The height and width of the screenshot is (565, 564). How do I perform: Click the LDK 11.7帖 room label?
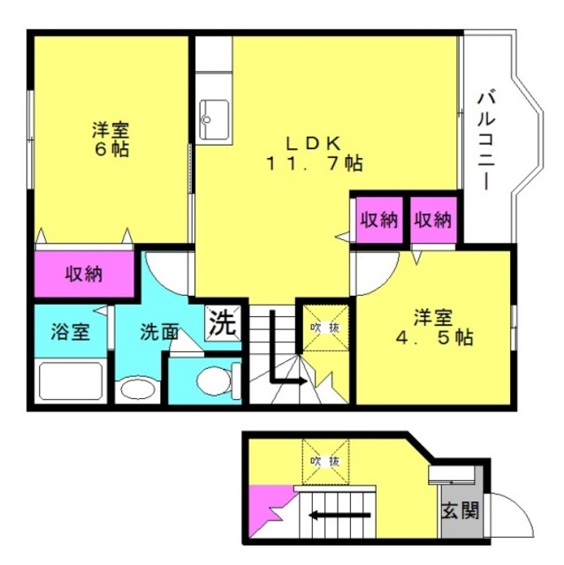click(x=314, y=154)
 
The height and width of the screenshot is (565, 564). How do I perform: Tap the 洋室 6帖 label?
click(x=111, y=139)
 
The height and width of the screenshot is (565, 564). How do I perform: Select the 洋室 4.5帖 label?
click(x=434, y=328)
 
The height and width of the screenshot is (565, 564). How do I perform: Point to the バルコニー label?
click(x=486, y=141)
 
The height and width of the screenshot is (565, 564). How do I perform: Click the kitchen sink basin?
click(x=214, y=120)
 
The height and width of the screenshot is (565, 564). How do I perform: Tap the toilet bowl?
click(x=214, y=380)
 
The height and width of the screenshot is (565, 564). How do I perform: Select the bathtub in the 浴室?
click(x=71, y=380)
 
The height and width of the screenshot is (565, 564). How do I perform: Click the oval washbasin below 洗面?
click(x=138, y=389)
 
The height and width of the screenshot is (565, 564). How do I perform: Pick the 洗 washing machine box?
click(x=224, y=323)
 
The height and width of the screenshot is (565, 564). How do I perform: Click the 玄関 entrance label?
click(x=460, y=510)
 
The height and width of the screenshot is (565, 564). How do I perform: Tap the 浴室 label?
click(x=71, y=332)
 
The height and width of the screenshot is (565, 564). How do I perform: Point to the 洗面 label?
click(x=159, y=332)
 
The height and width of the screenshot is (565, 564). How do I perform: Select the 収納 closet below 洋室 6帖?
click(x=84, y=274)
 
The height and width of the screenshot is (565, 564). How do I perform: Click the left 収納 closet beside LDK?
click(x=379, y=220)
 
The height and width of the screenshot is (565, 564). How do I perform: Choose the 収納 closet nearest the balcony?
click(x=433, y=220)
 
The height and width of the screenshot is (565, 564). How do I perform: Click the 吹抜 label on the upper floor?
click(x=325, y=328)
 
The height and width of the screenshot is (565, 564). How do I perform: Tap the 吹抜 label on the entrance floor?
click(x=325, y=461)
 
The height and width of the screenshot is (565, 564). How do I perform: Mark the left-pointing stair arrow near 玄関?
click(x=339, y=516)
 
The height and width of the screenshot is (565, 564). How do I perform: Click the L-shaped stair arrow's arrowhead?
click(x=302, y=380)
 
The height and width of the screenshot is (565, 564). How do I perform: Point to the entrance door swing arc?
click(x=520, y=504)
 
